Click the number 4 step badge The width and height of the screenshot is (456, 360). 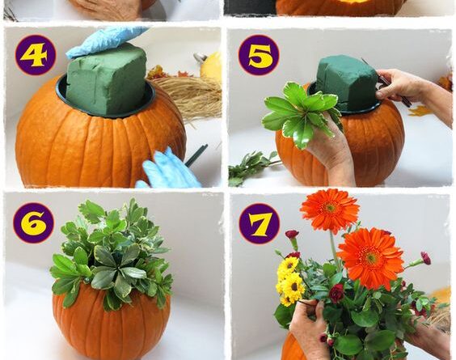point(36,55)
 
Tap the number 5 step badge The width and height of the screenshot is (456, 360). point(259,55)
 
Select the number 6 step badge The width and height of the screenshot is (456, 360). point(33,223)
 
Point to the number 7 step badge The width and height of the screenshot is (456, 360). point(259,223)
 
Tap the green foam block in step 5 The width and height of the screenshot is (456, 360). point(346,83)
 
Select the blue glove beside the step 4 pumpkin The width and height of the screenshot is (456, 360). point(167,170)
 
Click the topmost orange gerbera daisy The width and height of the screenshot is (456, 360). point(330,210)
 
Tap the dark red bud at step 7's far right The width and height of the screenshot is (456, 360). point(426,258)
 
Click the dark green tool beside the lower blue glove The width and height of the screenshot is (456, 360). point(196,155)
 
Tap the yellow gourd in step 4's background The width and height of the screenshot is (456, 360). point(212,67)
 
